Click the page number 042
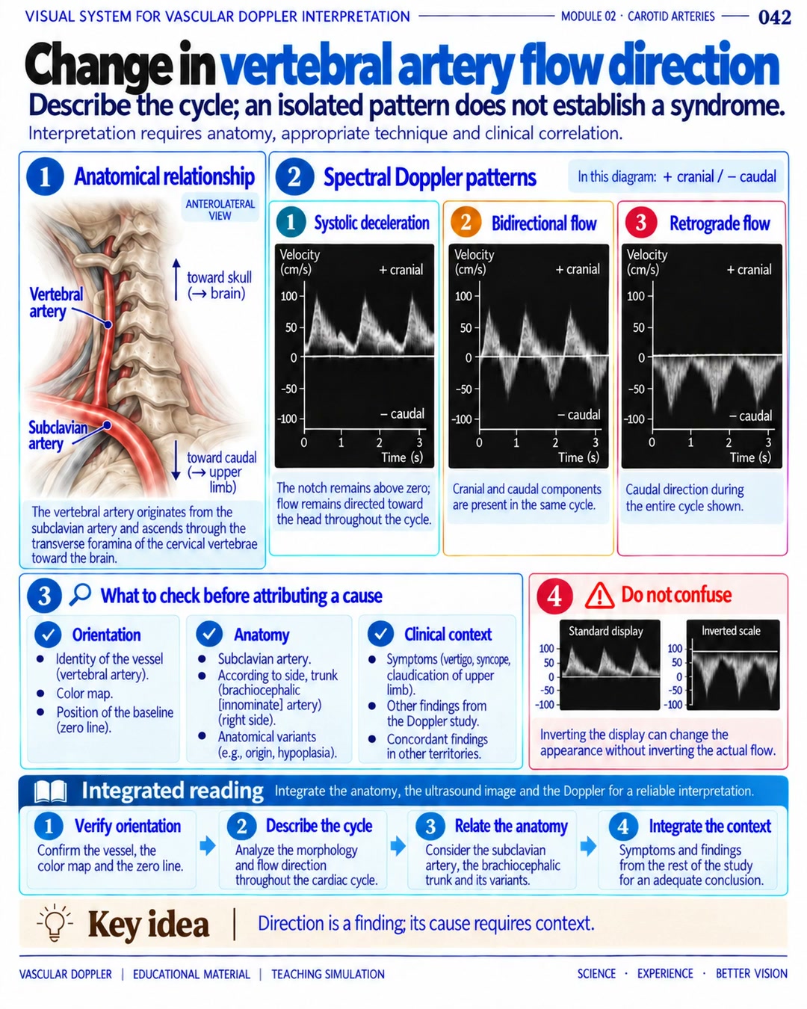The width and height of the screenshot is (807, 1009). pos(774,18)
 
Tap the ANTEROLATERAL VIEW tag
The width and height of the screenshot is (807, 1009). pos(220,209)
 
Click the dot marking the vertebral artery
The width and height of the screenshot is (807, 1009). pos(108,324)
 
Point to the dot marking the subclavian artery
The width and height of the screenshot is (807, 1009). pos(108,425)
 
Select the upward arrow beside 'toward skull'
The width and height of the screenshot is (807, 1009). pos(176,279)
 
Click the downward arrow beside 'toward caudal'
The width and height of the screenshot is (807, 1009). pos(176,460)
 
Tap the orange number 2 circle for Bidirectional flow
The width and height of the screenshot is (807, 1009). pos(466,222)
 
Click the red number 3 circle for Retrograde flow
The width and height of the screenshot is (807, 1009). pos(640,222)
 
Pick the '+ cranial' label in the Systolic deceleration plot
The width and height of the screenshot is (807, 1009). pos(401,270)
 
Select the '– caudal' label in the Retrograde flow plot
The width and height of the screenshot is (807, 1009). pos(750,416)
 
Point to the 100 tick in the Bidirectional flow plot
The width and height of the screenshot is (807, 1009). pos(464,296)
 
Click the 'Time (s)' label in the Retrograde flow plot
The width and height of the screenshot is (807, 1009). pos(749,457)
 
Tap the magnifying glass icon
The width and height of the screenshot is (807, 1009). pos(80,594)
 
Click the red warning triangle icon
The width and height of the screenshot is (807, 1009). pos(599,596)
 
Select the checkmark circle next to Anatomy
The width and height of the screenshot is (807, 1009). pos(209,634)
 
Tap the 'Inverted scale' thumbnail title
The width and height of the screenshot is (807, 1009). pos(731,631)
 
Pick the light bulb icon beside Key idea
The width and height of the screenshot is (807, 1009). pos(55,923)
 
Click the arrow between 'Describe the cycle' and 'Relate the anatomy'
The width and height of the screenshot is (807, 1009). pos(398,846)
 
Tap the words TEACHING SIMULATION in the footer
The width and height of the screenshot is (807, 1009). pos(328,975)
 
